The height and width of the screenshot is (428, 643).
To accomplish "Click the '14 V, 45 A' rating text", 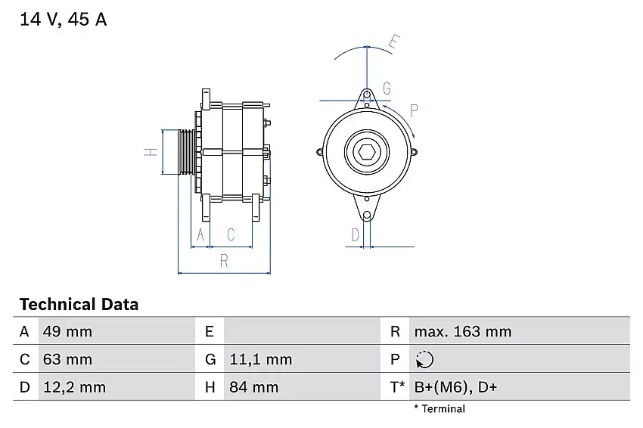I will click(64, 20).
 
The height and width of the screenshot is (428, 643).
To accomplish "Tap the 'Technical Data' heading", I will click(79, 305).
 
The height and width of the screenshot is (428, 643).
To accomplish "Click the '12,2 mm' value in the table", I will click(74, 387).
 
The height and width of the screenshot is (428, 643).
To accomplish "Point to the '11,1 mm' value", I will click(259, 359).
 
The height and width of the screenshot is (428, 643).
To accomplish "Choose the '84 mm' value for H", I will click(253, 387).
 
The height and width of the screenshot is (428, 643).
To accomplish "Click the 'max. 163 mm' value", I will click(462, 331).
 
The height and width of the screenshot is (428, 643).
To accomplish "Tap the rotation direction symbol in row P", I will click(425, 359).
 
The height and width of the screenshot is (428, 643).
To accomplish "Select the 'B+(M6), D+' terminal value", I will click(455, 387).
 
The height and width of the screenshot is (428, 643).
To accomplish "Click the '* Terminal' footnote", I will click(440, 409).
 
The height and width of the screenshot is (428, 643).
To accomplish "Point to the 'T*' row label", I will click(397, 387).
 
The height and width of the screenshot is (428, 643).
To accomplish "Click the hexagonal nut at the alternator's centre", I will click(367, 152).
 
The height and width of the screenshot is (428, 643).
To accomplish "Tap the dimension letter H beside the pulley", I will click(151, 152).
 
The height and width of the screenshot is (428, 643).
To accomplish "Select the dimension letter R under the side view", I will click(224, 261).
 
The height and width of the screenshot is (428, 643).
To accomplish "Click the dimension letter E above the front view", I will click(393, 42).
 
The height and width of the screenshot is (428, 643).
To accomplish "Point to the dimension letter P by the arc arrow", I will click(414, 110).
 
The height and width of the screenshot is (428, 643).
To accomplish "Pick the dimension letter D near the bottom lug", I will click(355, 235).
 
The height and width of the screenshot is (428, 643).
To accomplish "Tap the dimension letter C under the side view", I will click(231, 235).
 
